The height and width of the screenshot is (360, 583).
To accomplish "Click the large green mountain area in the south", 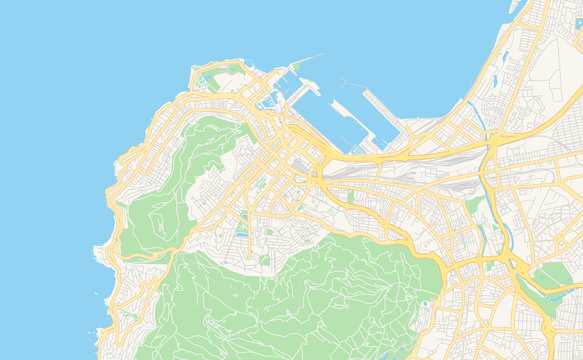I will (x=300, y=300).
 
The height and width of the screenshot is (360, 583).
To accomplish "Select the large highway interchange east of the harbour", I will (x=490, y=150).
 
